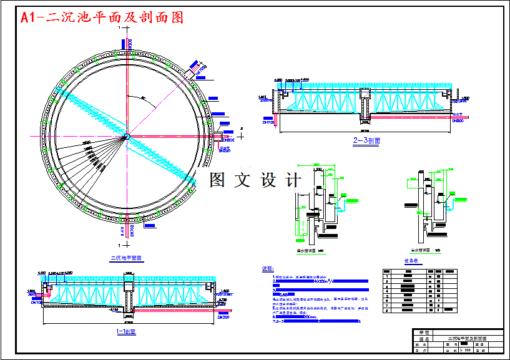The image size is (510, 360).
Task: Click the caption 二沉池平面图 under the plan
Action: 127,256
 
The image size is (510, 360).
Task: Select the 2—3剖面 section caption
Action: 366,141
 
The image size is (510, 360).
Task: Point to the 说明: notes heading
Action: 268,270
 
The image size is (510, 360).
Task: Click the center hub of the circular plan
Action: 127,137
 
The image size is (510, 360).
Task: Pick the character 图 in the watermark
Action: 217,180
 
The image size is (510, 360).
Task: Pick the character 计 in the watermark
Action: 292,180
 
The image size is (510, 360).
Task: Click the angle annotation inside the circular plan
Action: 143,98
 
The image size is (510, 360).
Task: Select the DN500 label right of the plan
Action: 227,140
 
